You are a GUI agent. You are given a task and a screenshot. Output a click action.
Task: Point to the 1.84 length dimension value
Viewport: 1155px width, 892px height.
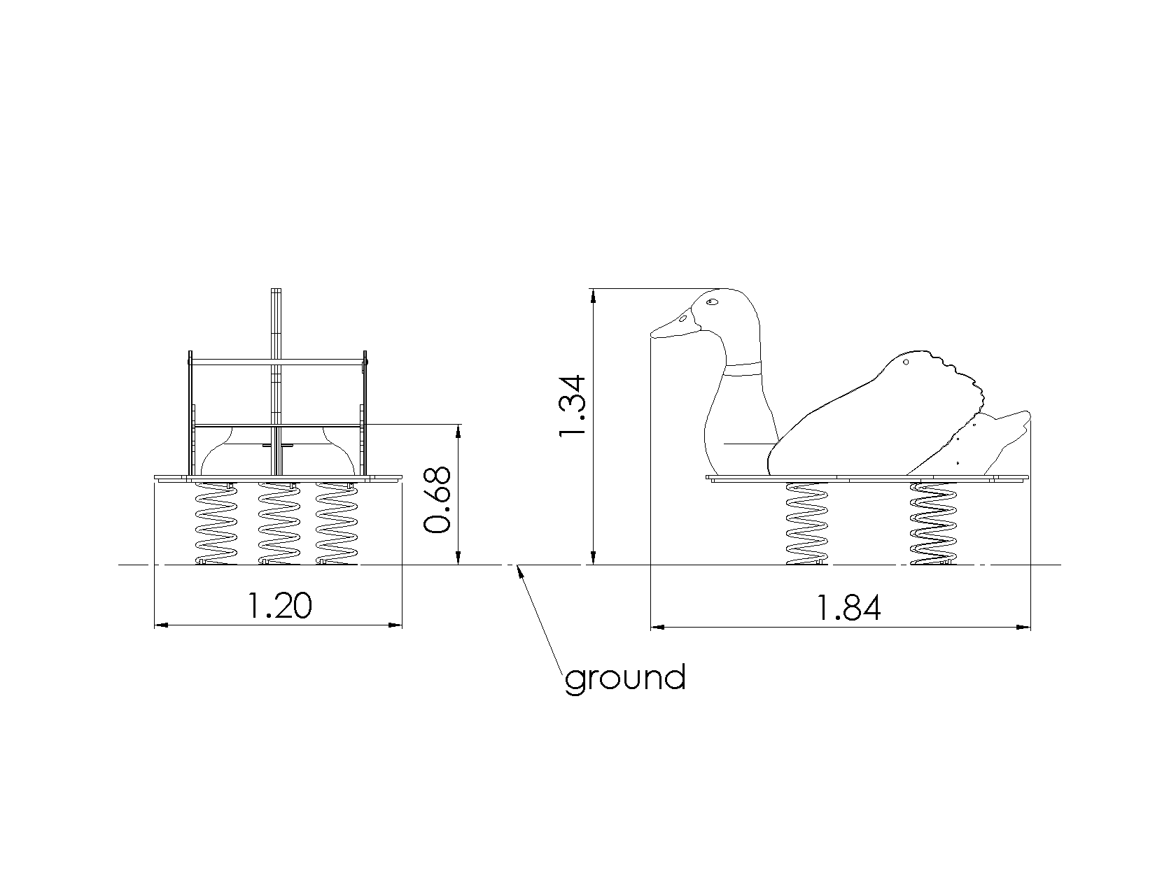848,609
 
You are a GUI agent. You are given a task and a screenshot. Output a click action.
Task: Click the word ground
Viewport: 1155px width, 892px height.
624,679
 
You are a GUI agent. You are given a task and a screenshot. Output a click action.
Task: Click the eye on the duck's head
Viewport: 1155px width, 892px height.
712,302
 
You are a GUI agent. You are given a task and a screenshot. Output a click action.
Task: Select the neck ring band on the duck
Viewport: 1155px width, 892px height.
743,369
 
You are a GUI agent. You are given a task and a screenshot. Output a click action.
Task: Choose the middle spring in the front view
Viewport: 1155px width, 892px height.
279,523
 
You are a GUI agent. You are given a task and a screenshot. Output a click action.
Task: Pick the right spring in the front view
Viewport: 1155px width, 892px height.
337,523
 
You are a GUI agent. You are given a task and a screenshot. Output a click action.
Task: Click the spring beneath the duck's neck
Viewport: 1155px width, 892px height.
806,523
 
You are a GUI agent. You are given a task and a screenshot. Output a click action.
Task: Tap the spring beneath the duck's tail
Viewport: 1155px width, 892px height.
933,523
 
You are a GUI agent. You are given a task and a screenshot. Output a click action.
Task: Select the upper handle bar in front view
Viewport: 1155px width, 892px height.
277,361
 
